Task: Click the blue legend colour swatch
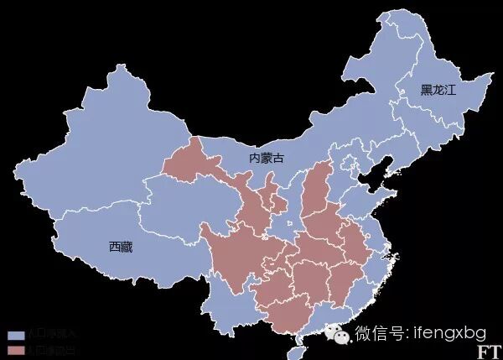pyautogui.click(x=16, y=335)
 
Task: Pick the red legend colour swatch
pyautogui.click(x=16, y=348)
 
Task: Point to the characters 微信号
pyautogui.click(x=381, y=332)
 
